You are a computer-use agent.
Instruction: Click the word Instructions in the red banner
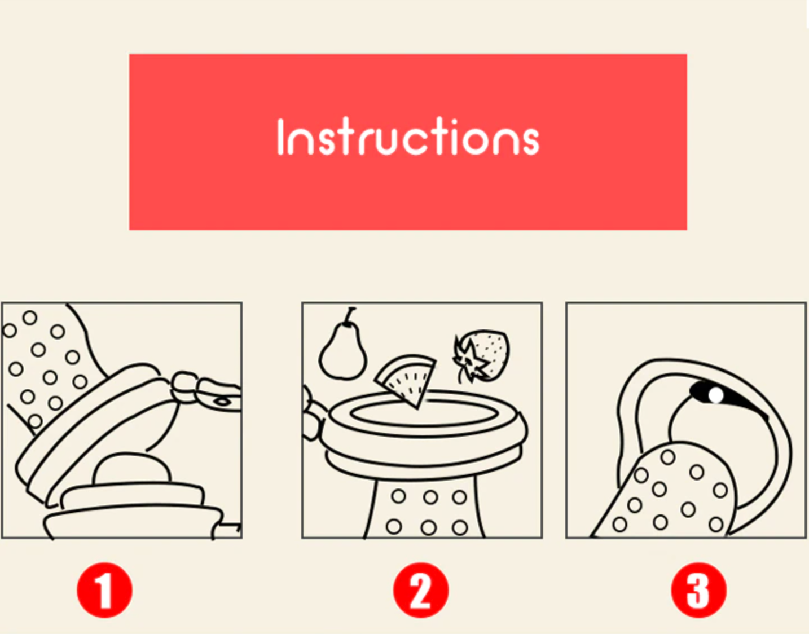408,136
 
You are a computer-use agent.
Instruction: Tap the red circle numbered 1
104,590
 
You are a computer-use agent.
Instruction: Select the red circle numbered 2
421,590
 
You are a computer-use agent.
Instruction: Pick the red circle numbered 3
699,590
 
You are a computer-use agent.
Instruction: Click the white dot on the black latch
715,395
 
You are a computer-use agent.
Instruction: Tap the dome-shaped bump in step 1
131,469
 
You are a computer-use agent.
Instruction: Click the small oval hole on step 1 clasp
223,402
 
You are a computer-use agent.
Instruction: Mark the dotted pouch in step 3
666,491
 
